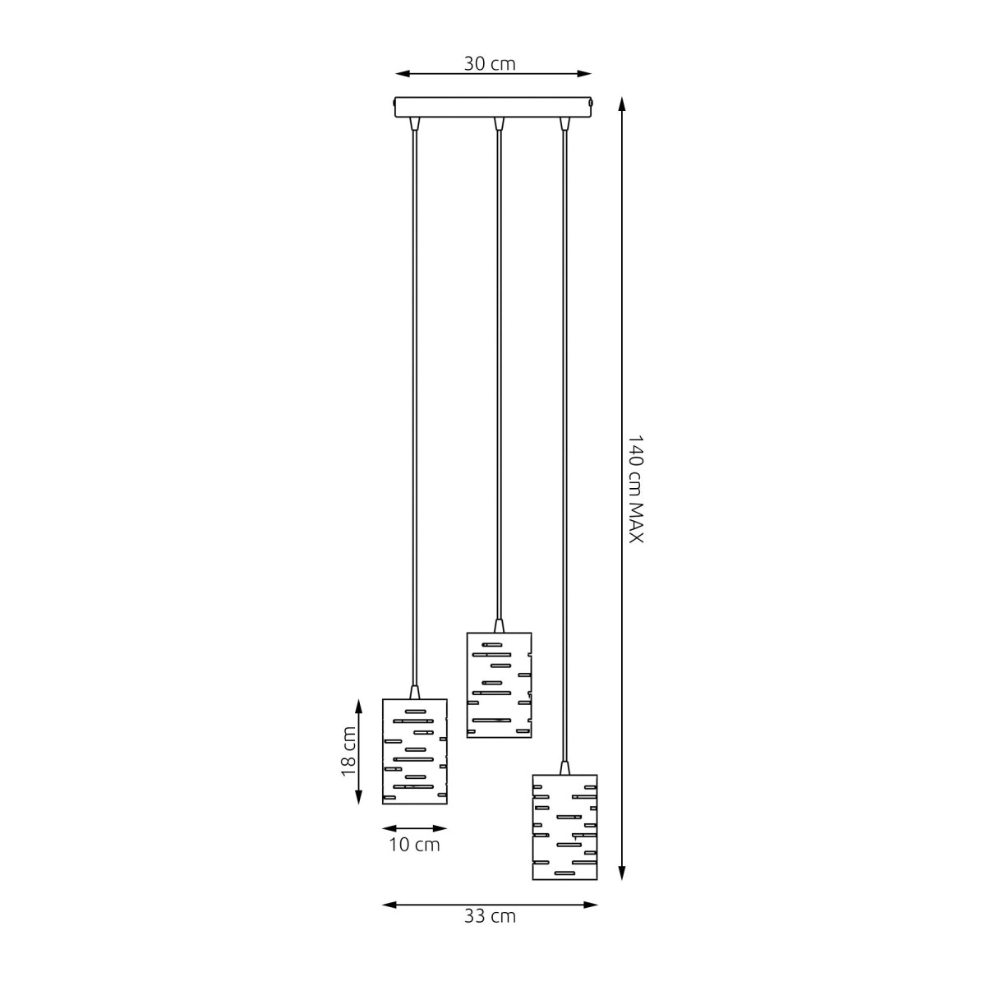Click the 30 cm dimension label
point(490,63)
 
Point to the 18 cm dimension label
point(348,751)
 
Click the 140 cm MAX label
point(635,489)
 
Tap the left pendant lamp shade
point(415,751)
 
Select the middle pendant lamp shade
point(499,684)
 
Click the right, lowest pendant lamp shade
point(564,827)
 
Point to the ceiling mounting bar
point(493,107)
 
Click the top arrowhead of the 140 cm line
point(622,103)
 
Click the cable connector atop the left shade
point(415,692)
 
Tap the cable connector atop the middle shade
point(499,625)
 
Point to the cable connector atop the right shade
point(564,767)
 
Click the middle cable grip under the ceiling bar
point(498,123)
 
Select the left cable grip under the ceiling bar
point(415,123)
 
